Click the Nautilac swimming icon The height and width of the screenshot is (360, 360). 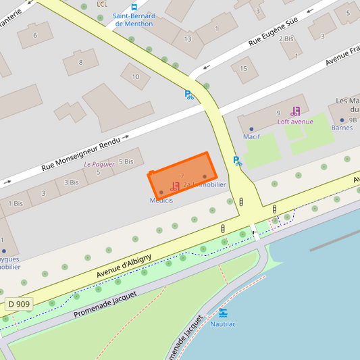[x=223, y=313]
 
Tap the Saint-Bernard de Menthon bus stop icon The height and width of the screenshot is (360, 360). [x=134, y=7]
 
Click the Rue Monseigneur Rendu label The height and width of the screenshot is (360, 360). [x=82, y=153]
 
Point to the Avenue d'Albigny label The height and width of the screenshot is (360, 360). [x=124, y=264]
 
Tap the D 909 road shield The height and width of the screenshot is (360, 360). [x=19, y=304]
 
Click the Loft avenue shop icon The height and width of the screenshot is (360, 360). [x=295, y=111]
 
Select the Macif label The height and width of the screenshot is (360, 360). [x=251, y=137]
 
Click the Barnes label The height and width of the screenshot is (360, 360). [x=342, y=128]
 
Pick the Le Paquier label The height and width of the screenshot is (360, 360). [x=99, y=164]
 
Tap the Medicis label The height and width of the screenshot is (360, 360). [x=161, y=201]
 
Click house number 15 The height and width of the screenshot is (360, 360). [x=244, y=68]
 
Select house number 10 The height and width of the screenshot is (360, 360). [x=136, y=76]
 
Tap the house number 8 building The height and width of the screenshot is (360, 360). [x=80, y=63]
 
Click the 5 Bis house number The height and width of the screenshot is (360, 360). [x=126, y=161]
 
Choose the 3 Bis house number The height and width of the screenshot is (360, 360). [x=72, y=182]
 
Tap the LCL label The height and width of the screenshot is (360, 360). [x=102, y=4]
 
